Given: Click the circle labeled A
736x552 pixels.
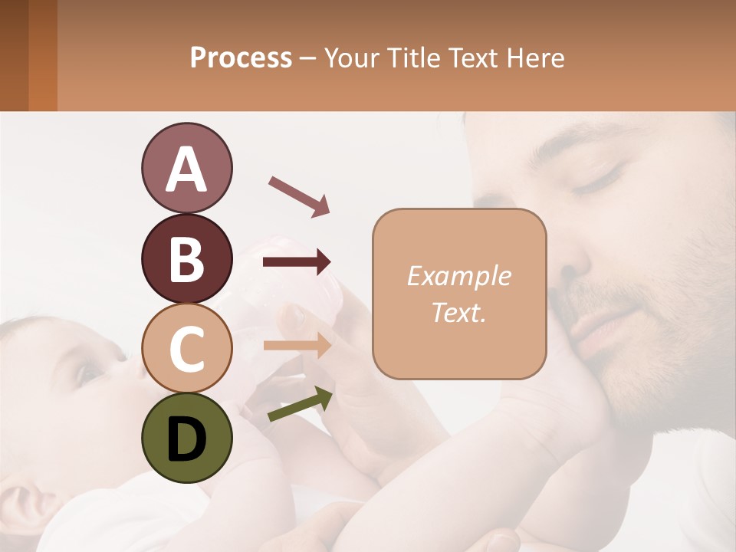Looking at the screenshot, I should (x=186, y=168).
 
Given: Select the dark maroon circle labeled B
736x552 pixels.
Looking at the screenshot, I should (x=186, y=258).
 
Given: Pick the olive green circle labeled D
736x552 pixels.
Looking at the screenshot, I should (x=186, y=438).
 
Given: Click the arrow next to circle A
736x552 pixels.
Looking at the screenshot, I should (x=299, y=195).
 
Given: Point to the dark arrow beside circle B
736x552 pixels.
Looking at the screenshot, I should (x=297, y=262).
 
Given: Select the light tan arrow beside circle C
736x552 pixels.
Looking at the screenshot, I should (x=297, y=346).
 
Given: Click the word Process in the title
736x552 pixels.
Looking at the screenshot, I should (x=241, y=58).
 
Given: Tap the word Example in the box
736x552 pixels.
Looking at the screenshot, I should (x=458, y=276).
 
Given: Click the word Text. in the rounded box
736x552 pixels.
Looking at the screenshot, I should (x=458, y=312).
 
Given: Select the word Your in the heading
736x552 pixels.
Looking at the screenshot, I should (x=350, y=58).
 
